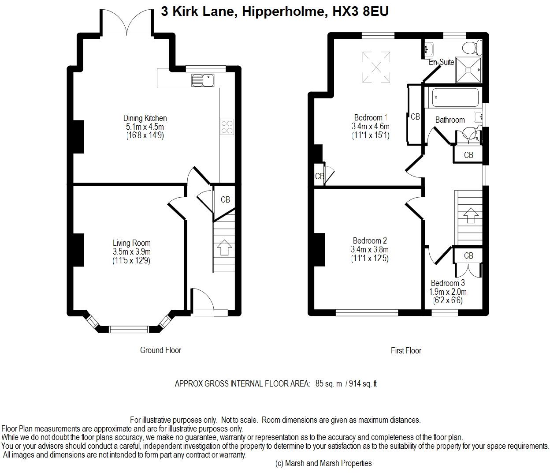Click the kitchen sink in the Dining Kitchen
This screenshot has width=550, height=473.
click(202, 80)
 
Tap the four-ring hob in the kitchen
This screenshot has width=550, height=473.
click(227, 127)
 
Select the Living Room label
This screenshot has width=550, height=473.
click(132, 243)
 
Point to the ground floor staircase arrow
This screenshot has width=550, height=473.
click(225, 247)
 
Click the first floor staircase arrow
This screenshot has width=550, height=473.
click(471, 215)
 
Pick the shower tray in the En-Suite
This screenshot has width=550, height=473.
click(468, 70)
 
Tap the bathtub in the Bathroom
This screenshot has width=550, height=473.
click(455, 98)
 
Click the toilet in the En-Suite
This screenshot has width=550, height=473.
click(472, 48)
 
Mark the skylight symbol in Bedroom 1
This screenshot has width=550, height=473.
click(376, 67)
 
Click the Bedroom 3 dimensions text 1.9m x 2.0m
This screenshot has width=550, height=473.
click(448, 292)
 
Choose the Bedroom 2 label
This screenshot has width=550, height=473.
click(370, 240)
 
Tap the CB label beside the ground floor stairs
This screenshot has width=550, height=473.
click(225, 199)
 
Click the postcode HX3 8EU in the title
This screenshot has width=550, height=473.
click(360, 11)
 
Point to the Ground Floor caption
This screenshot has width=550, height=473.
click(160, 350)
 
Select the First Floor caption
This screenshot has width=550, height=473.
click(406, 350)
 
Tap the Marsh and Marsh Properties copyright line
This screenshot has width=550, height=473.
click(323, 463)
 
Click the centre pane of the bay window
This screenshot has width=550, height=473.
click(129, 329)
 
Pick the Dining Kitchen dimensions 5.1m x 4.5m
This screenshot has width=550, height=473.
click(145, 127)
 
